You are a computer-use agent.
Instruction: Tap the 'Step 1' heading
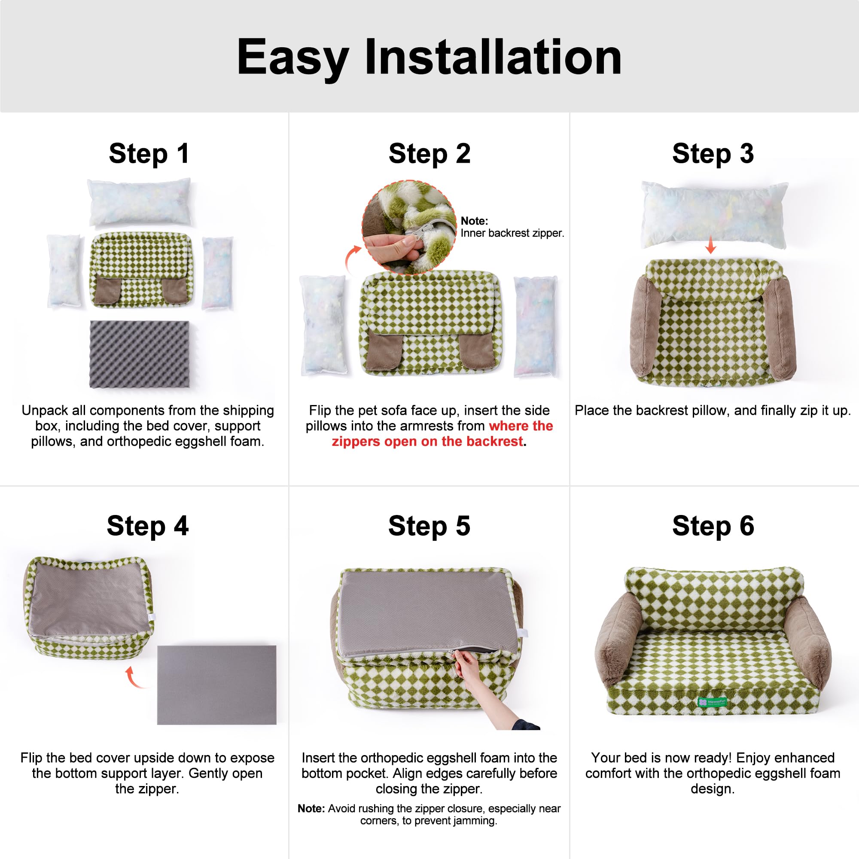tap(149, 154)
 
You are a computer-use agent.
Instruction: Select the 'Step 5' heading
tap(429, 526)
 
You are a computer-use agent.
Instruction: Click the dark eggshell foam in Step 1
tap(140, 354)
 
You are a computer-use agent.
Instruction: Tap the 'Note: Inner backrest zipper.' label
tap(511, 227)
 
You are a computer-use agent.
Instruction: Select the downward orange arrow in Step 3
tap(710, 245)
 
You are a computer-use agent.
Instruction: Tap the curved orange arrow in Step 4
tap(131, 678)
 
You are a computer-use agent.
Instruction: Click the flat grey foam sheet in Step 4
tap(216, 685)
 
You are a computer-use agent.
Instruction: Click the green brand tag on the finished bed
tap(712, 702)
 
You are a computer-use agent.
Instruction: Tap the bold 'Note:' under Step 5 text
tap(311, 808)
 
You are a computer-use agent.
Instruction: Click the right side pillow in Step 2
tap(535, 326)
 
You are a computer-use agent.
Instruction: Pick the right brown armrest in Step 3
tap(779, 328)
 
